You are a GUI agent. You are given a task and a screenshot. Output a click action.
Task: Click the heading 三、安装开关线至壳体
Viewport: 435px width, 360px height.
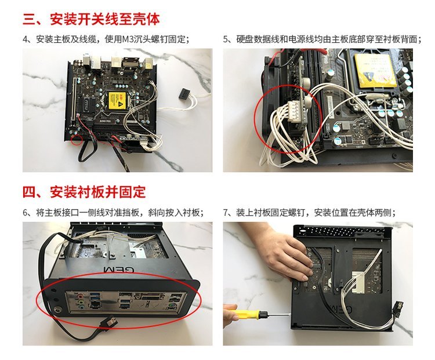91,19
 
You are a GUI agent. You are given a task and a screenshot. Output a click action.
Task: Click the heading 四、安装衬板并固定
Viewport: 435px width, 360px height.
84,192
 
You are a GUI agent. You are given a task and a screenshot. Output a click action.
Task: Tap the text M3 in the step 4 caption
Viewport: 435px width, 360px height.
128,39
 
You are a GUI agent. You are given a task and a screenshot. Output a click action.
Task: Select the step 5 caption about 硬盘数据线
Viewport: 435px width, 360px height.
322,39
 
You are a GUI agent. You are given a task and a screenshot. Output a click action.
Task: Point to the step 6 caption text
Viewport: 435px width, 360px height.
114,213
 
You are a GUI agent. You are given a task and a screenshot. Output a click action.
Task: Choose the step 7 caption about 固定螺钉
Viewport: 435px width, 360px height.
310,213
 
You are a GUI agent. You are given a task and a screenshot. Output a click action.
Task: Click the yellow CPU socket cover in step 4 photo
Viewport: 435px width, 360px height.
117,101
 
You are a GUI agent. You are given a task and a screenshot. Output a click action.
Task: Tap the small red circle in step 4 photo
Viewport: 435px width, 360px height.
77,140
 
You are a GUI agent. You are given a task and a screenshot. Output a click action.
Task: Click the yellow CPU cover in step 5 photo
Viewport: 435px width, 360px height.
375,70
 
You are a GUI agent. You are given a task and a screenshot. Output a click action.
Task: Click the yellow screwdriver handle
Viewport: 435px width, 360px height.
247,315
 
